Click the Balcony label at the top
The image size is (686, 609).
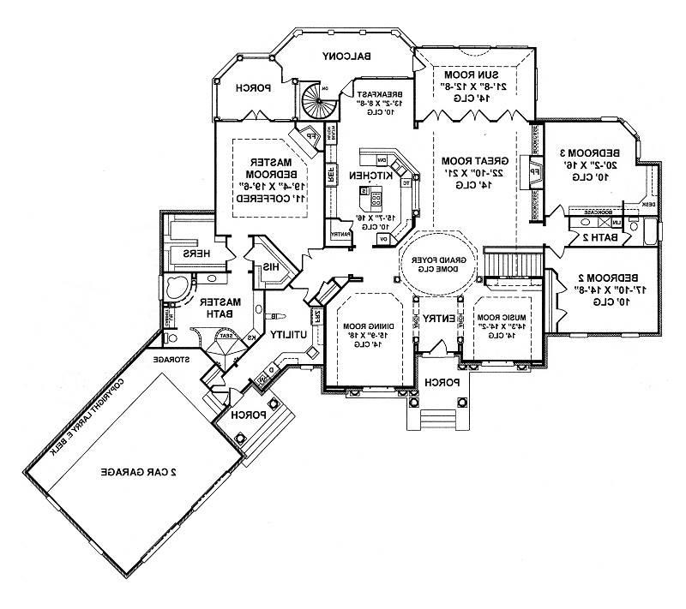point(347,57)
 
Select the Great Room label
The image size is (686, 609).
point(465,161)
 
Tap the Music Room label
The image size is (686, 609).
point(500,318)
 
